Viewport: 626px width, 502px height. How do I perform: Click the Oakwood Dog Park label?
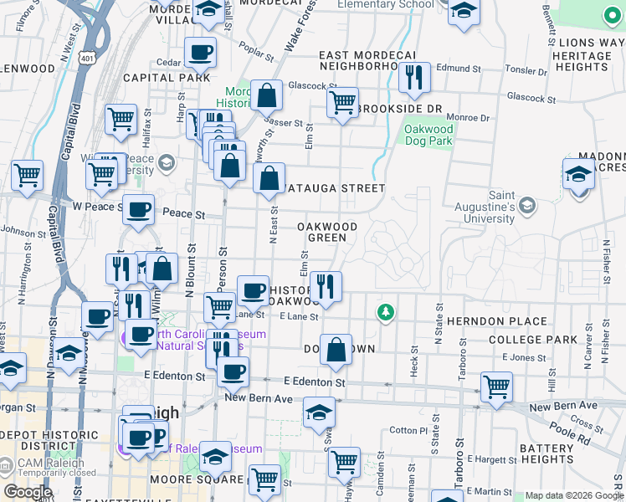(428, 135)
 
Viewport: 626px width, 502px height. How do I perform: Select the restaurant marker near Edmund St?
(414, 79)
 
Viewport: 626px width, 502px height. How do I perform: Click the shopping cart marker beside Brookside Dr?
(341, 104)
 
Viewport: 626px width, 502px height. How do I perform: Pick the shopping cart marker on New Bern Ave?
(496, 387)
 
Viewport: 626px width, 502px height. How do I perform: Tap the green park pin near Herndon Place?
(385, 313)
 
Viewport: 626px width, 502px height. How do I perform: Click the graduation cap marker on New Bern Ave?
(319, 412)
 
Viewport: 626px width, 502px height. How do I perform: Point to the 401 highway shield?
(87, 57)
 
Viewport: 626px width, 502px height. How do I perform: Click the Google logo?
(27, 492)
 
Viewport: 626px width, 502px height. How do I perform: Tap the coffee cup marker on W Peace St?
(138, 210)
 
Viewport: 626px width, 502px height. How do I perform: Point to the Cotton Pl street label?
(409, 431)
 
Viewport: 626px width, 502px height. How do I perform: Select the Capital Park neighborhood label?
(166, 78)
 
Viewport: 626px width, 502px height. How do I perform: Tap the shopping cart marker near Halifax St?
(121, 119)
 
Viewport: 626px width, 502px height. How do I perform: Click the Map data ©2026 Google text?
(573, 495)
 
